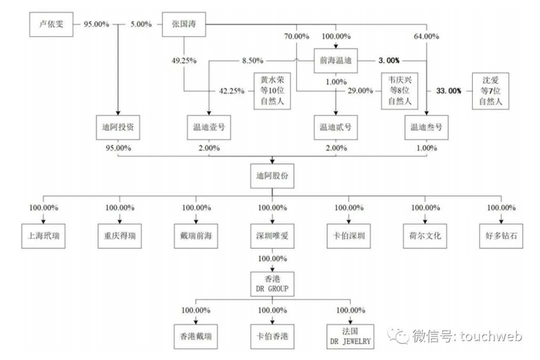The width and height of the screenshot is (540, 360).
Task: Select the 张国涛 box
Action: [184, 25]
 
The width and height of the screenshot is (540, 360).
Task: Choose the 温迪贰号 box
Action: [335, 126]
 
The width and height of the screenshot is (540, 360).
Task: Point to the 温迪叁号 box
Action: [426, 126]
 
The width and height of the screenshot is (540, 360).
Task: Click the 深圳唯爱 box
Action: [272, 234]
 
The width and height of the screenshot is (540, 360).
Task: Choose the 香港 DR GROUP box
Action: [272, 283]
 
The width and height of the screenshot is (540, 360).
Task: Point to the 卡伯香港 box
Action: [272, 335]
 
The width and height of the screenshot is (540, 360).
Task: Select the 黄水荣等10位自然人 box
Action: [272, 90]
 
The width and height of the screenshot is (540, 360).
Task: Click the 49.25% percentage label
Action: [184, 59]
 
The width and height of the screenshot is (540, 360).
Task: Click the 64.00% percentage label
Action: [426, 36]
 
